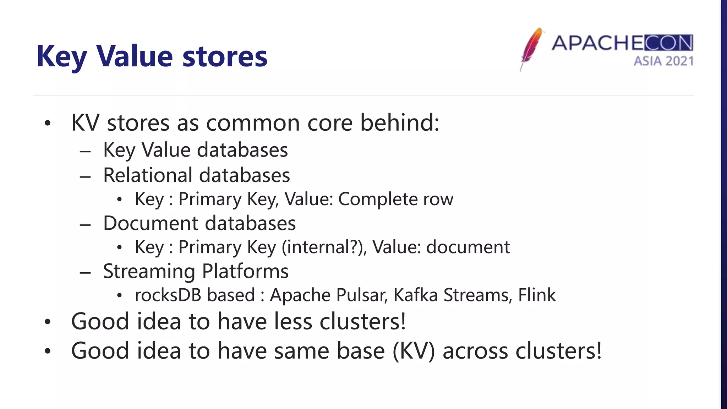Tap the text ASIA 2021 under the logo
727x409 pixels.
point(663,61)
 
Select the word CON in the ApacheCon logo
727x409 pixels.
point(668,43)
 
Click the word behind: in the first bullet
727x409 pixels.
point(400,122)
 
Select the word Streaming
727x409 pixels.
point(149,272)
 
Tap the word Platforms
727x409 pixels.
point(245,272)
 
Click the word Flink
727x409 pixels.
point(537,295)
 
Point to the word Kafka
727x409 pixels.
point(415,295)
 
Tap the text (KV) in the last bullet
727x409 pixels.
point(414,351)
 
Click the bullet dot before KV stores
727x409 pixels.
point(48,124)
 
